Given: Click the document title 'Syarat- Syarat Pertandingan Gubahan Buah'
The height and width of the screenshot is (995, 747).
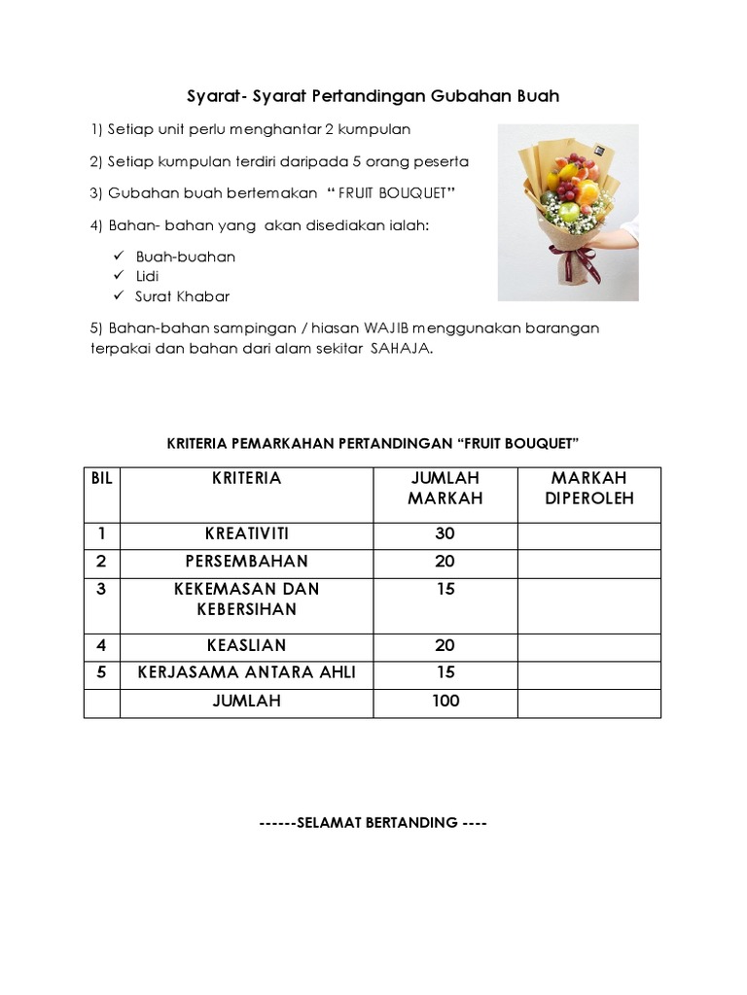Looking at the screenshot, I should tap(373, 97).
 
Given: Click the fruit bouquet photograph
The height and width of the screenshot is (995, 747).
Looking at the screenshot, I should tap(568, 212).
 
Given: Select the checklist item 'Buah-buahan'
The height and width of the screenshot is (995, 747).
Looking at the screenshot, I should tap(186, 257).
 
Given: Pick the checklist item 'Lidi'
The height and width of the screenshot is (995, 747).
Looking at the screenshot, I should tap(148, 277).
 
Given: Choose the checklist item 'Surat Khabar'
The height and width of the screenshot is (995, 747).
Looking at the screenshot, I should tap(183, 296).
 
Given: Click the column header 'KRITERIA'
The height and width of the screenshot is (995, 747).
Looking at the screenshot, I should tap(246, 478).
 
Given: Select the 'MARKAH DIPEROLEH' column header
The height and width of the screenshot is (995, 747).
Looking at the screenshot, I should tap(588, 488).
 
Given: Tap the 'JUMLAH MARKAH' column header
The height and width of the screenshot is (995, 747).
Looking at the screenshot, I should tap(445, 488).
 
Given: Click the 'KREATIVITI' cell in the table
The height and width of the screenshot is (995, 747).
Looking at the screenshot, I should tap(246, 534).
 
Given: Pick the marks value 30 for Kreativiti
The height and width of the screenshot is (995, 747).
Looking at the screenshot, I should tap(445, 534).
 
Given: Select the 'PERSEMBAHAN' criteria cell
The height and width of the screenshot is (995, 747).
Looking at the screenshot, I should tap(246, 562).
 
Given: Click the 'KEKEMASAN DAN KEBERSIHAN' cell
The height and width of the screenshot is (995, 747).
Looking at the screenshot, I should tap(246, 599).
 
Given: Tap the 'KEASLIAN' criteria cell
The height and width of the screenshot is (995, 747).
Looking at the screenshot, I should tap(246, 645).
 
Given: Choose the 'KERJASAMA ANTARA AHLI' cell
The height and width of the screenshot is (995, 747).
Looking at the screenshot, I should tap(246, 672).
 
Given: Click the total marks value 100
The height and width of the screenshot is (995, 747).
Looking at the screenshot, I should tap(445, 701).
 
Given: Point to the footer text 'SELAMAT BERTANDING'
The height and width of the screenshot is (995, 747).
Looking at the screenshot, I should tap(374, 823).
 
